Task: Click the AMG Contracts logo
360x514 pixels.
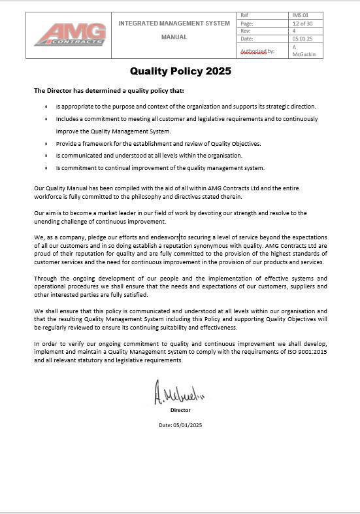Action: click(x=69, y=35)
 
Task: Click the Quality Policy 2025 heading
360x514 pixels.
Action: click(x=180, y=71)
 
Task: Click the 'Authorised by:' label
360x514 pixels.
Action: click(x=257, y=50)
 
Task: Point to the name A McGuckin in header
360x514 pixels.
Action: click(x=303, y=50)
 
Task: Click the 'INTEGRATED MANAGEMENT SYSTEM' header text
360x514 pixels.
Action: click(x=174, y=24)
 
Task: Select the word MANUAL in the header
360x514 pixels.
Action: click(x=174, y=37)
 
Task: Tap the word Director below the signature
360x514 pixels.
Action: click(x=180, y=410)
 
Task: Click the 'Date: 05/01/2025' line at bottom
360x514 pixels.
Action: click(x=180, y=425)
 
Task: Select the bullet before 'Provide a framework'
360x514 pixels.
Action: click(x=46, y=144)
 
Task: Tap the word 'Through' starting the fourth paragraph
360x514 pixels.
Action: click(x=45, y=279)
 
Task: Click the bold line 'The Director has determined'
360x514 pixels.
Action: click(x=109, y=90)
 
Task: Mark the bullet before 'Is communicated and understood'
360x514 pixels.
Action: click(x=46, y=156)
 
